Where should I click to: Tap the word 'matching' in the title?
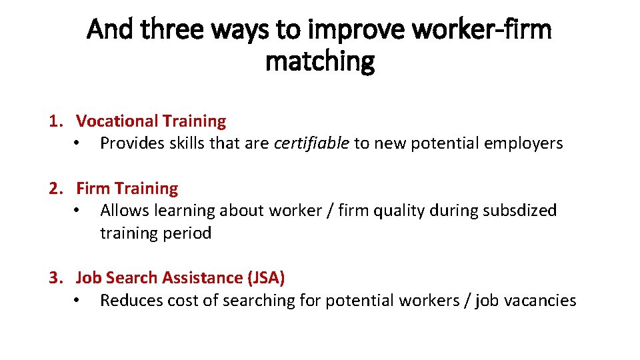tap(320, 61)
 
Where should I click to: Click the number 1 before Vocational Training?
tap(55, 121)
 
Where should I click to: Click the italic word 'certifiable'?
tap(311, 143)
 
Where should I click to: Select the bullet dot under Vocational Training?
tap(78, 144)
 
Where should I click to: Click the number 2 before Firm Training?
tap(55, 189)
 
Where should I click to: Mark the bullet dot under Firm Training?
tap(78, 211)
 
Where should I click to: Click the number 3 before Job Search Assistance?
tap(55, 278)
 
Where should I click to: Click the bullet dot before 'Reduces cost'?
tap(78, 301)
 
